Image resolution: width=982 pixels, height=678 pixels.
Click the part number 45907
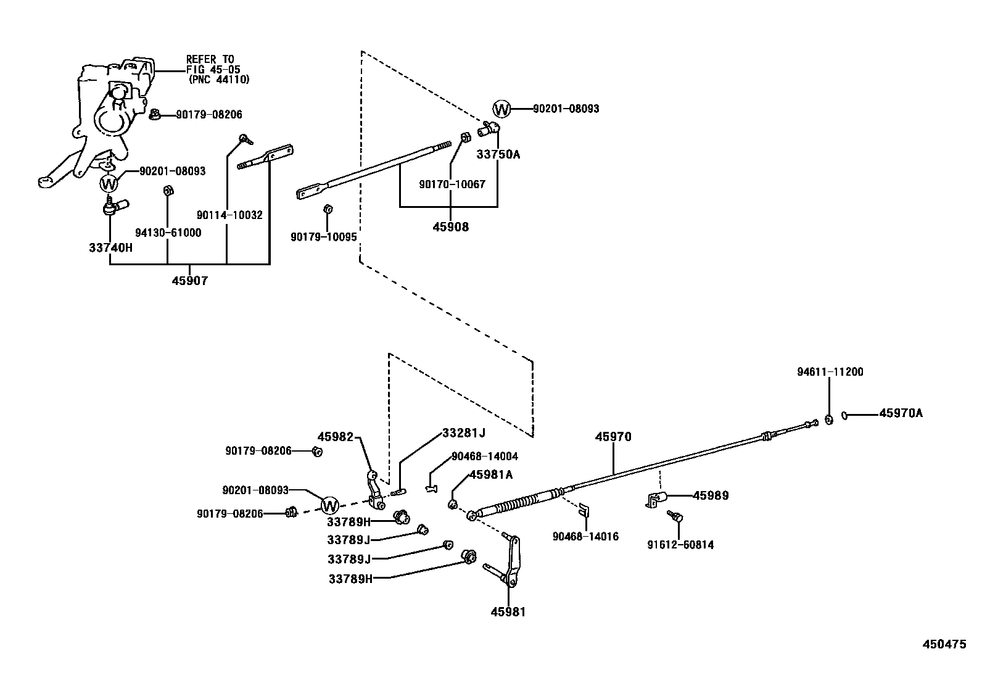pos(189,281)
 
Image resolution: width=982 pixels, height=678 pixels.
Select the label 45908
pos(450,226)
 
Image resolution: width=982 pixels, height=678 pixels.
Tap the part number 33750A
pos(498,154)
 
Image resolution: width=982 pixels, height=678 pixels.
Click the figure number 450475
pos(944,644)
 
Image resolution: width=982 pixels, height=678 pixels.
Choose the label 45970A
pos(901,413)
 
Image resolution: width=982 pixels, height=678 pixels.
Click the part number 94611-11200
pos(830,372)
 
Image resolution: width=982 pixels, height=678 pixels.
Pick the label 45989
pos(711,495)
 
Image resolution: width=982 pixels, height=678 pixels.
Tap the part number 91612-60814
pos(680,545)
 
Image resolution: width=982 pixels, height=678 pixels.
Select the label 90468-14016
pos(585,537)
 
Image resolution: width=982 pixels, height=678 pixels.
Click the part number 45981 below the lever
pos(508,612)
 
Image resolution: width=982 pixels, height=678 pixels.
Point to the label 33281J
pos(464,434)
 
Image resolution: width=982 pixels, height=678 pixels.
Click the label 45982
pos(336,437)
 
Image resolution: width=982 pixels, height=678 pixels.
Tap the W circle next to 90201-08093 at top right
pos(502,110)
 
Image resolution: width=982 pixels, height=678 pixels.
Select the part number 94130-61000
pos(168,233)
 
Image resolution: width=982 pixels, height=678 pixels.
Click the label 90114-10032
pos(229,215)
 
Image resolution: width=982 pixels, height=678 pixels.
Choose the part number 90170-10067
pos(452,184)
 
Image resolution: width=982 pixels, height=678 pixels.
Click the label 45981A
pos(491,474)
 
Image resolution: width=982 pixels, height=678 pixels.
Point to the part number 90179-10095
pos(324,237)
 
